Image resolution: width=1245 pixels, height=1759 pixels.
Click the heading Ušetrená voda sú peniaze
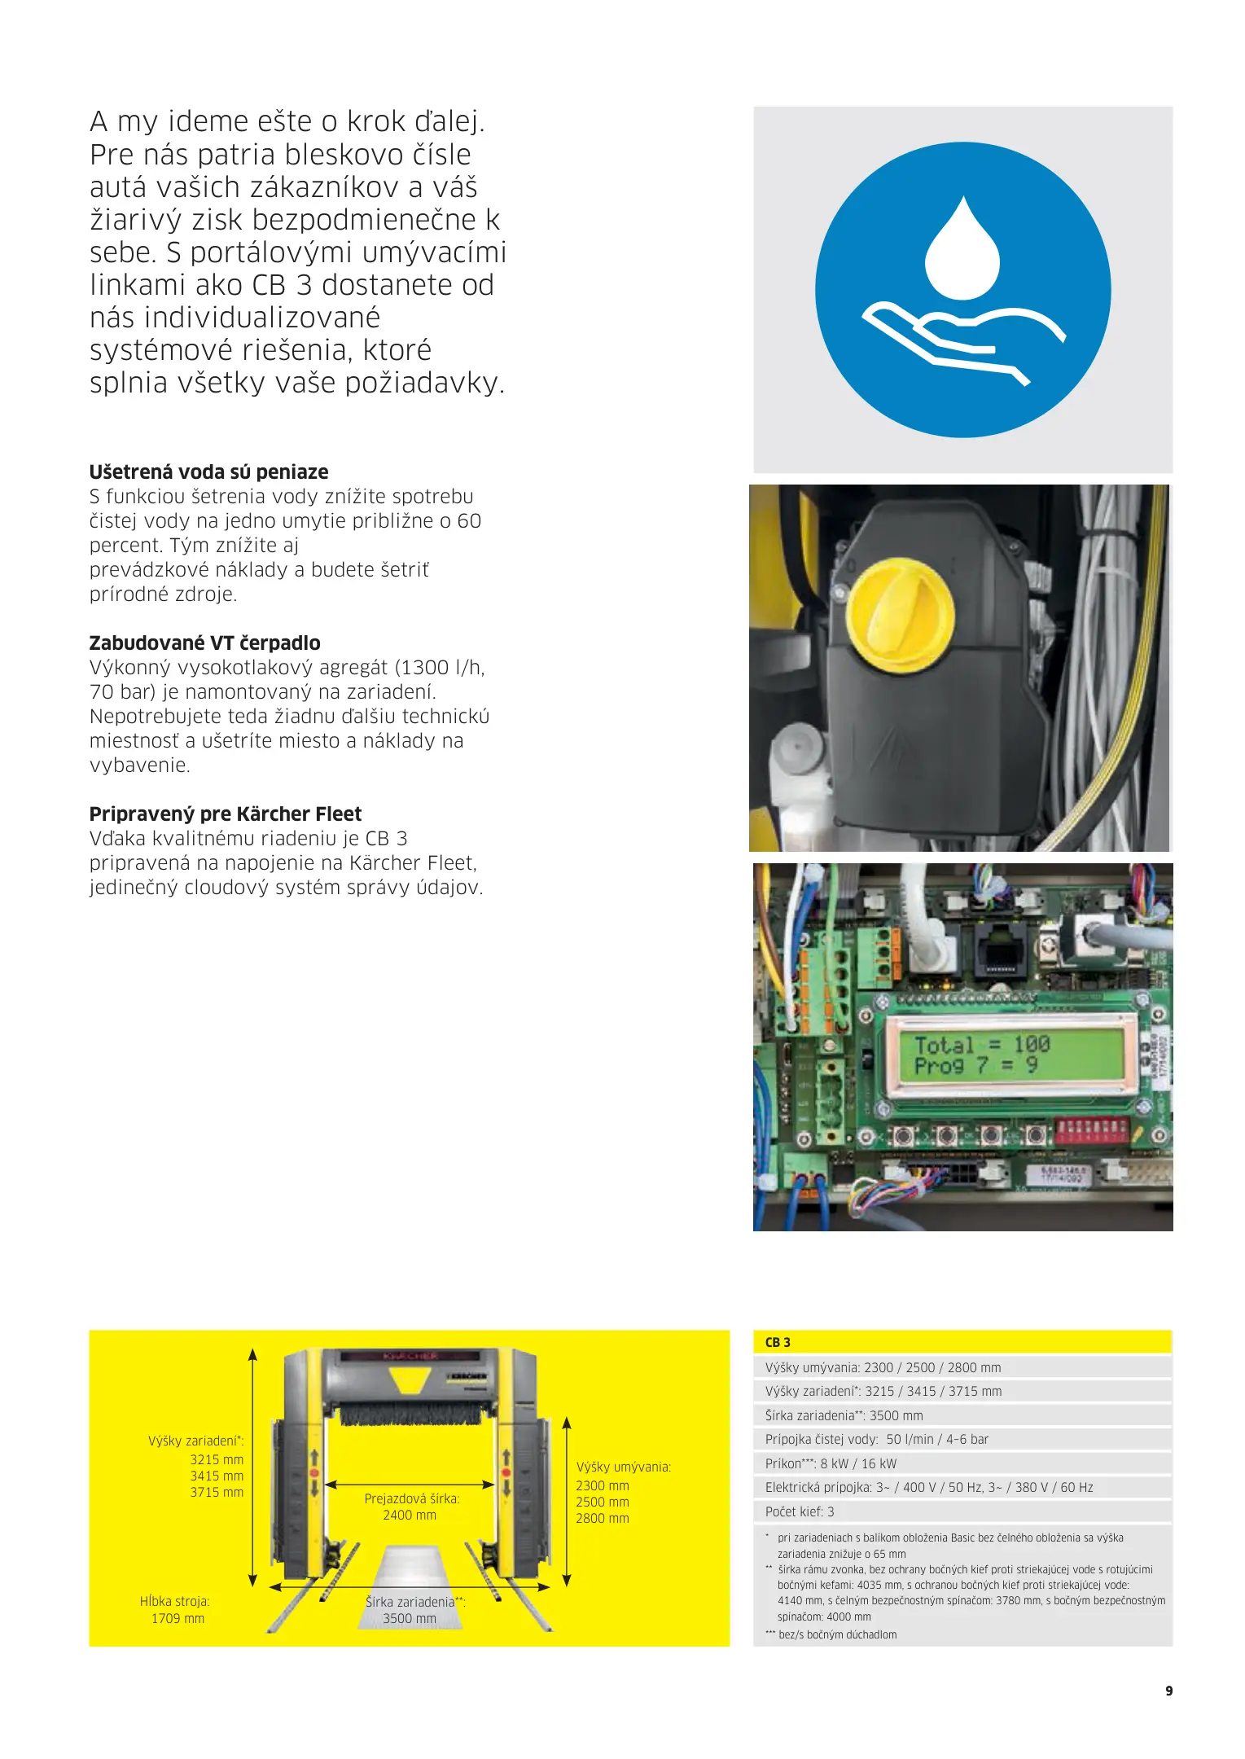(x=208, y=472)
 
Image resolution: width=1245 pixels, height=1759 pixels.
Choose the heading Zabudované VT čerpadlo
(x=204, y=643)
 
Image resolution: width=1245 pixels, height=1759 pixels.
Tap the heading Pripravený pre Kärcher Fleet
(x=225, y=814)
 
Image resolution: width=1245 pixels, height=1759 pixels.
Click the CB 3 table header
(x=778, y=1342)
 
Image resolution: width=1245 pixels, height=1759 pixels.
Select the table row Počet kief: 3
(x=800, y=1511)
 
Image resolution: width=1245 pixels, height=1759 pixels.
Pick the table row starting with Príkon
(x=831, y=1463)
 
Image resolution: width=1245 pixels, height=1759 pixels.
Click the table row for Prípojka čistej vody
(x=876, y=1439)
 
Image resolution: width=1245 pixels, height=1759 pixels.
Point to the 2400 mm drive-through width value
(x=410, y=1515)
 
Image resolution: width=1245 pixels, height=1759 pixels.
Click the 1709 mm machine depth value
(x=178, y=1618)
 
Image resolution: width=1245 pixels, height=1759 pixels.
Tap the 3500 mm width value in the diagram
(x=410, y=1618)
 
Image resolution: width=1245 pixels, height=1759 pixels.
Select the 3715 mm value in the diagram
(x=217, y=1492)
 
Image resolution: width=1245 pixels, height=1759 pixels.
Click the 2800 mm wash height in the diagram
(x=603, y=1518)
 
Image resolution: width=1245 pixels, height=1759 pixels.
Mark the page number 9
(x=1168, y=1691)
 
